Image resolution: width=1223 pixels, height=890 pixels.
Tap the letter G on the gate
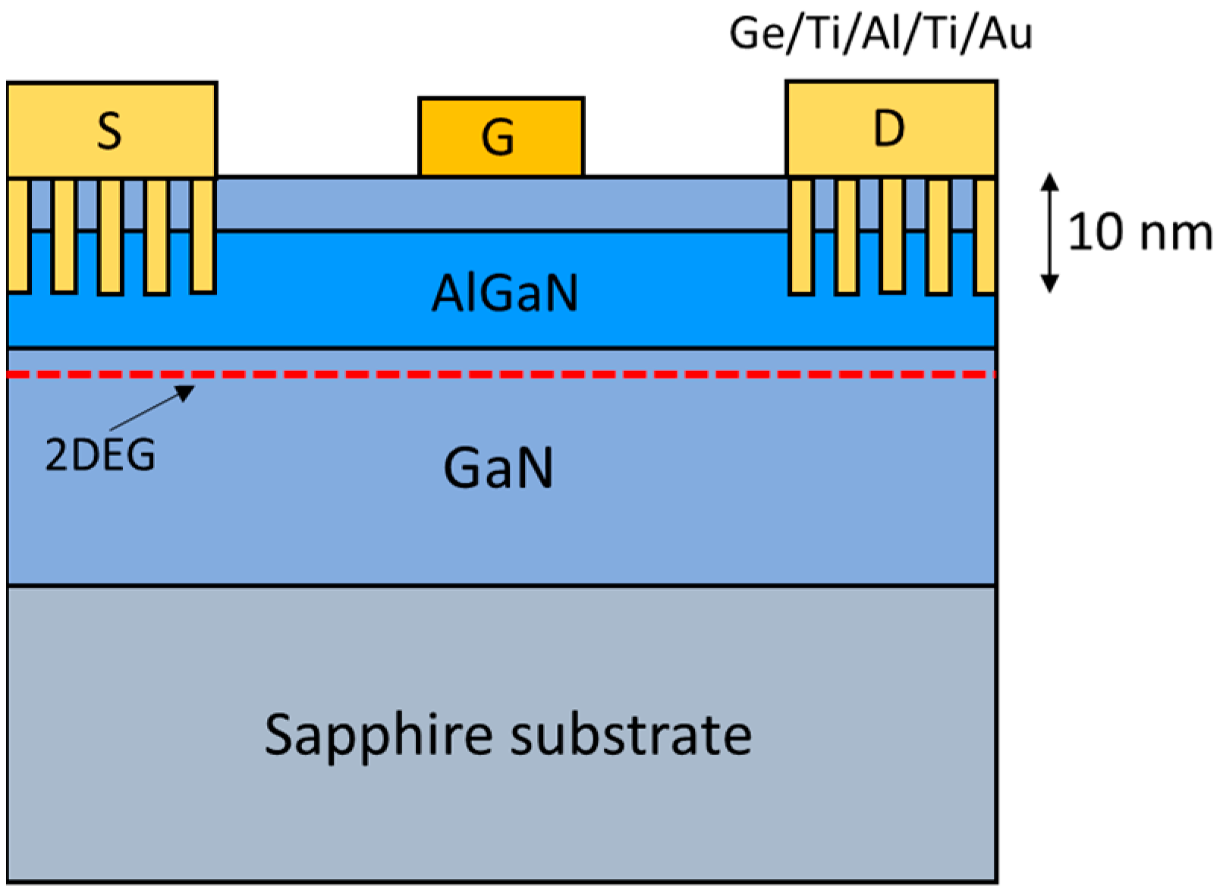498,139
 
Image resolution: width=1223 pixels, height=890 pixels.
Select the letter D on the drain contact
888,129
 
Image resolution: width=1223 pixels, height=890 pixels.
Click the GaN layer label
498,468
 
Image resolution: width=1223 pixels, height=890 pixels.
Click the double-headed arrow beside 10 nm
1049,232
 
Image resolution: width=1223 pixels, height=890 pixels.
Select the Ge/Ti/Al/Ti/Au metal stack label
880,34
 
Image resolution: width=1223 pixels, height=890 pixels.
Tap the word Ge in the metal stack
753,34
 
